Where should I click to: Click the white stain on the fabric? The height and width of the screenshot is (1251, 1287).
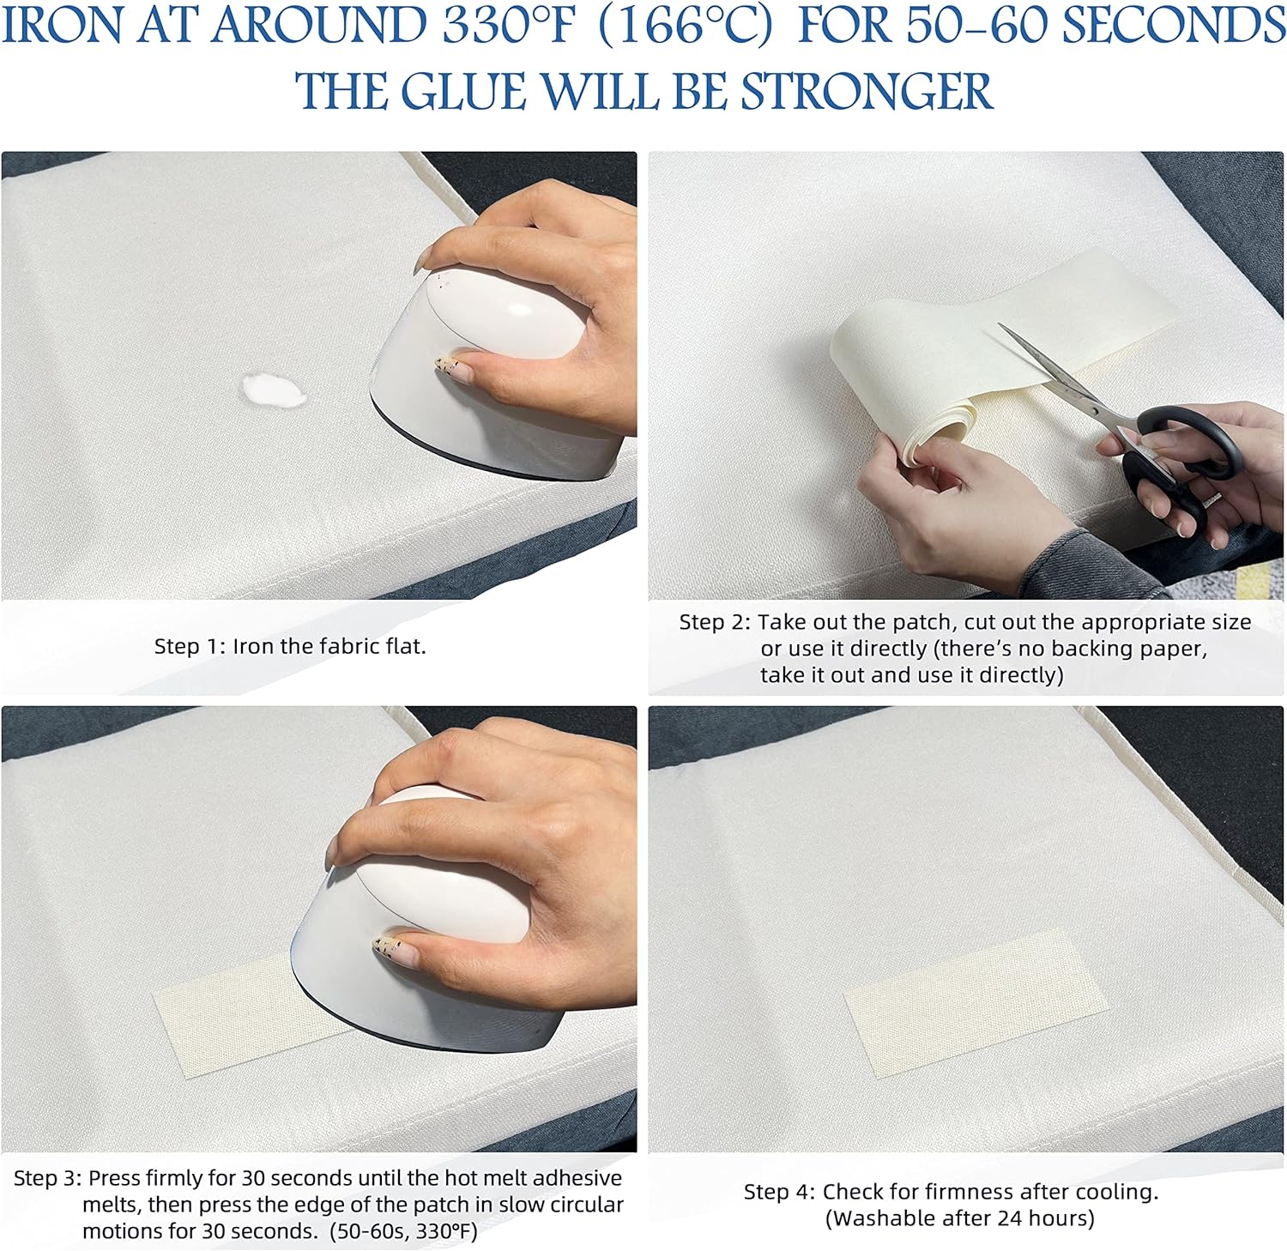click(272, 391)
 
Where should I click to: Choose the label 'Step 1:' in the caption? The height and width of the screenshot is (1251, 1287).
click(190, 646)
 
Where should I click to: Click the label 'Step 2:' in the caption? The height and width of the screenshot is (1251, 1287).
click(715, 622)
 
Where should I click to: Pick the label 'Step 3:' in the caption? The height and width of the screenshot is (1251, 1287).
click(48, 1178)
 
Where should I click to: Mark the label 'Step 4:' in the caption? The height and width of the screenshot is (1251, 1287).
click(779, 1192)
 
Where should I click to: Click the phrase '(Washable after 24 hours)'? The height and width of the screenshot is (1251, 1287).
click(959, 1218)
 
